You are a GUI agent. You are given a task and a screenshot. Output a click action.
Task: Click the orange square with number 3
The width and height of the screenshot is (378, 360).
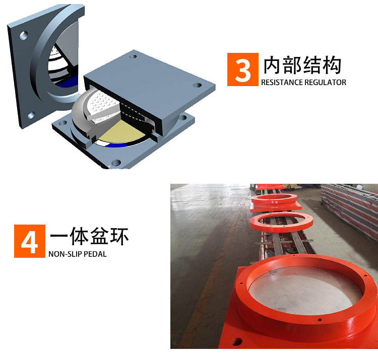pyautogui.click(x=243, y=69)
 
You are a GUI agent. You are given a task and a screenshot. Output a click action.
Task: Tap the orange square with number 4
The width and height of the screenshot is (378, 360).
pyautogui.click(x=30, y=241)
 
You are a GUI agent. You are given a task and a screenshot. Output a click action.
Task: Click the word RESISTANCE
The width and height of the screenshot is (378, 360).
pyautogui.click(x=282, y=83)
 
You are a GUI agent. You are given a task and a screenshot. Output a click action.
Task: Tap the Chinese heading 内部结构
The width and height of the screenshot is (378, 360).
pyautogui.click(x=302, y=65)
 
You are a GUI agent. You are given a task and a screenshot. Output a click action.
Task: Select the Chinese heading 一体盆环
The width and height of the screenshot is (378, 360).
pyautogui.click(x=89, y=236)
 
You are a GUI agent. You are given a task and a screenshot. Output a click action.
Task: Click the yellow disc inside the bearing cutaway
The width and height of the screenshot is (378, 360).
pyautogui.click(x=119, y=132)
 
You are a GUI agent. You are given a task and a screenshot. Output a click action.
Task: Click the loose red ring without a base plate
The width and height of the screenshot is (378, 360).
pyautogui.click(x=281, y=223)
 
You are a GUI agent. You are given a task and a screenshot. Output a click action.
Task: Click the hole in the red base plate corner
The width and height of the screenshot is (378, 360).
pyautogui.click(x=237, y=341)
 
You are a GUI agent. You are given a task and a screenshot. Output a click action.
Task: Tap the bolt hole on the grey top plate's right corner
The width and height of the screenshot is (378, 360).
pyautogui.click(x=197, y=85)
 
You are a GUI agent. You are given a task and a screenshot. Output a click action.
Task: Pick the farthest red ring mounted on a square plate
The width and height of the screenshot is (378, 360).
pyautogui.click(x=275, y=202)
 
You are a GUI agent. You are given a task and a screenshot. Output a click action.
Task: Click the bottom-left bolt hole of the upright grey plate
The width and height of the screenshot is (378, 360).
pyautogui.click(x=31, y=115)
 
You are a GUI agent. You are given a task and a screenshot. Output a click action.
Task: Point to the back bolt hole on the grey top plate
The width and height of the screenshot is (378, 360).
pyautogui.click(x=133, y=57)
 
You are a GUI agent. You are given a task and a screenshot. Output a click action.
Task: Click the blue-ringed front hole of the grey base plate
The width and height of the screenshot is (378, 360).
pyautogui.click(x=116, y=163)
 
